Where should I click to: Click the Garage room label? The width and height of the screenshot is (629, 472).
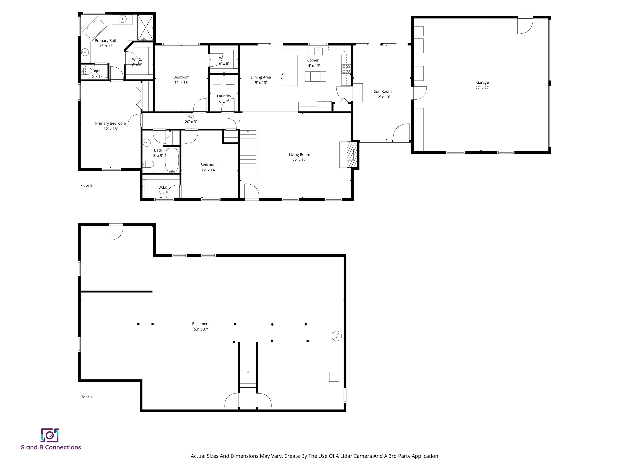point(482,83)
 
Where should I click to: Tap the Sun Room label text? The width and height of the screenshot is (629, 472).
point(382,91)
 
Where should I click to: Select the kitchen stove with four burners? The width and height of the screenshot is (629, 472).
point(346,69)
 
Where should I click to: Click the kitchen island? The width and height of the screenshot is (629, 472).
point(315,77)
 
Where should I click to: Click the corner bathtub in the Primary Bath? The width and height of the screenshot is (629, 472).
point(94,28)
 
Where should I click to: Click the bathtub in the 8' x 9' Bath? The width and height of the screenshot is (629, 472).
point(172,160)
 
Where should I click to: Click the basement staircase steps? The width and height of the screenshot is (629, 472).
point(248,379)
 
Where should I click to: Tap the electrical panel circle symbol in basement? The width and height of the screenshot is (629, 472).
point(337,336)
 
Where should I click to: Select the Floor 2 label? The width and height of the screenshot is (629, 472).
point(86,185)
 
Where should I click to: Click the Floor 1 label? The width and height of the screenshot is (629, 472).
point(86,397)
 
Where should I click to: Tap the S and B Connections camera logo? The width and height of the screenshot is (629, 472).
point(50,435)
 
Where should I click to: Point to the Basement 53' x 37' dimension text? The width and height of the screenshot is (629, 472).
point(201,329)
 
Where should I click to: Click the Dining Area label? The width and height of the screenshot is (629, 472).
point(261,77)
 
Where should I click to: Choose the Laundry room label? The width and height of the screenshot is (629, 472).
point(224,96)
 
